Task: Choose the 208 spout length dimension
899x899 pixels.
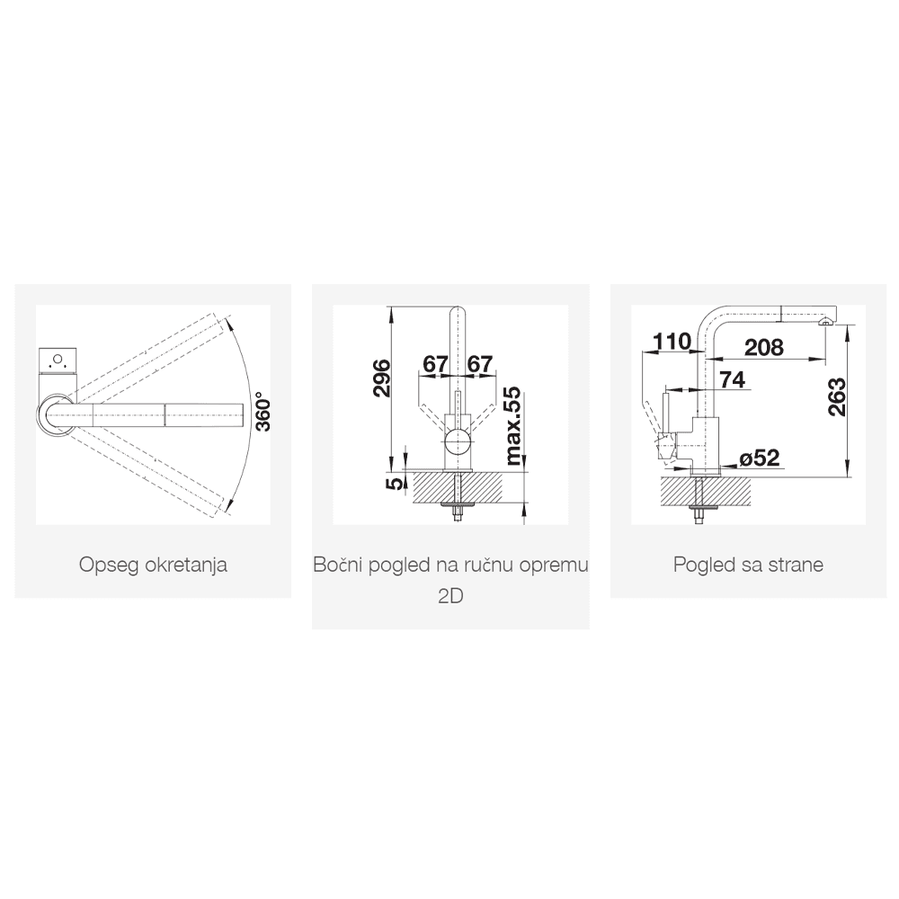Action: [x=764, y=347]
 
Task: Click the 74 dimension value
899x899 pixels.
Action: [x=732, y=380]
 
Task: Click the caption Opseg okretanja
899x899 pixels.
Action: [x=152, y=565]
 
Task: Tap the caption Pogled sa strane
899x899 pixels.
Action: [x=748, y=565]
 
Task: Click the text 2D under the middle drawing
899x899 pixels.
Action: [x=449, y=596]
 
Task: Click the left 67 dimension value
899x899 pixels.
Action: [x=435, y=364]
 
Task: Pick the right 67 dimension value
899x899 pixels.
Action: [x=480, y=364]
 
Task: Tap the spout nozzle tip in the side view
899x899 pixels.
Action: [x=823, y=319]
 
